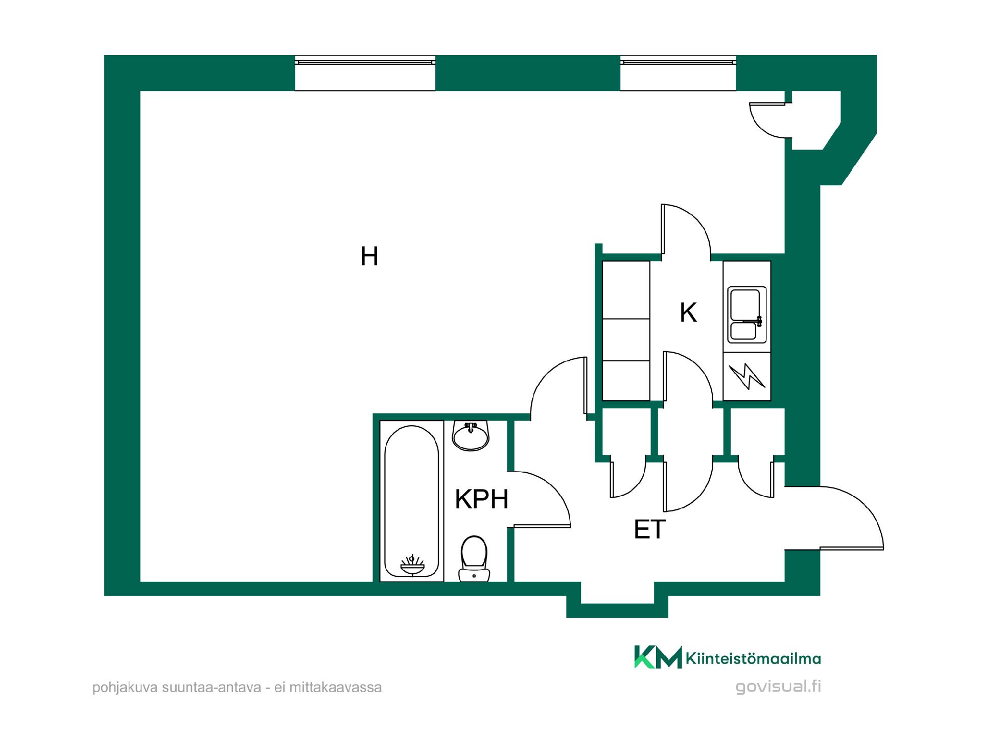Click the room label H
point(369,256)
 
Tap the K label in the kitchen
point(688,312)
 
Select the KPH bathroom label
point(482,499)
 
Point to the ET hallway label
point(649,529)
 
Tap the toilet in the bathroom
point(474,558)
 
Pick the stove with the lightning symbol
point(747,376)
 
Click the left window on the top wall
point(365,73)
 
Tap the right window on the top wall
point(678,73)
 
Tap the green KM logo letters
point(658,657)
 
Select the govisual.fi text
point(778,687)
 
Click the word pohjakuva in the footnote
point(125,688)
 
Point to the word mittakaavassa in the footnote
point(336,688)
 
